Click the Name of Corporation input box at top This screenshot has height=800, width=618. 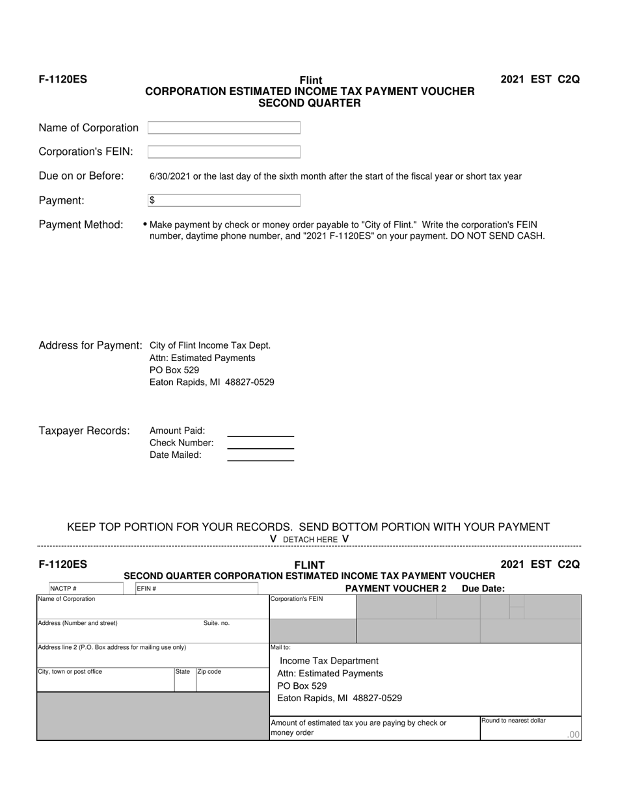click(x=224, y=128)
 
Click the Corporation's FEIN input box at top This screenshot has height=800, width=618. click(x=224, y=152)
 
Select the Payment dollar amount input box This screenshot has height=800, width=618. click(x=224, y=200)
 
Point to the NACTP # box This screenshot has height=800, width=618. click(x=86, y=589)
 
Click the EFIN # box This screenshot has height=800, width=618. click(x=196, y=589)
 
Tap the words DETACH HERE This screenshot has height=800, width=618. click(x=310, y=539)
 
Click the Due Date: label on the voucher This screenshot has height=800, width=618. click(x=483, y=589)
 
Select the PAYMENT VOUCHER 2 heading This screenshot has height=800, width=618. click(x=396, y=589)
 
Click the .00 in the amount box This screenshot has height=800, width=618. click(x=572, y=734)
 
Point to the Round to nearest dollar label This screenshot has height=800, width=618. click(x=513, y=721)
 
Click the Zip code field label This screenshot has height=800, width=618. click(x=209, y=672)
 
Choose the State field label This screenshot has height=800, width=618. click(x=182, y=672)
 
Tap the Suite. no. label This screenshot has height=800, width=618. click(x=217, y=623)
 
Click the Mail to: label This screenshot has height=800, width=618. click(x=280, y=648)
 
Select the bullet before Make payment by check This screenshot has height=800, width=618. click(x=144, y=224)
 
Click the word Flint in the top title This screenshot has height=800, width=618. click(x=310, y=81)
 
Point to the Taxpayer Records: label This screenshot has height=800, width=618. click(x=84, y=431)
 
